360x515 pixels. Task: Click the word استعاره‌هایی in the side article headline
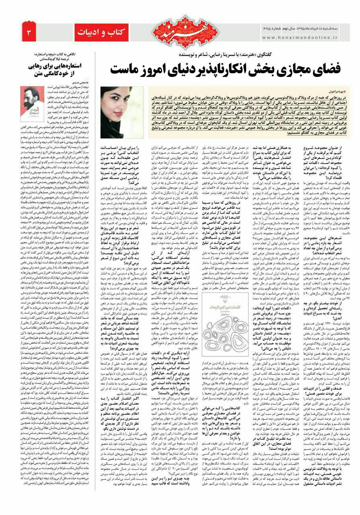point(71,66)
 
